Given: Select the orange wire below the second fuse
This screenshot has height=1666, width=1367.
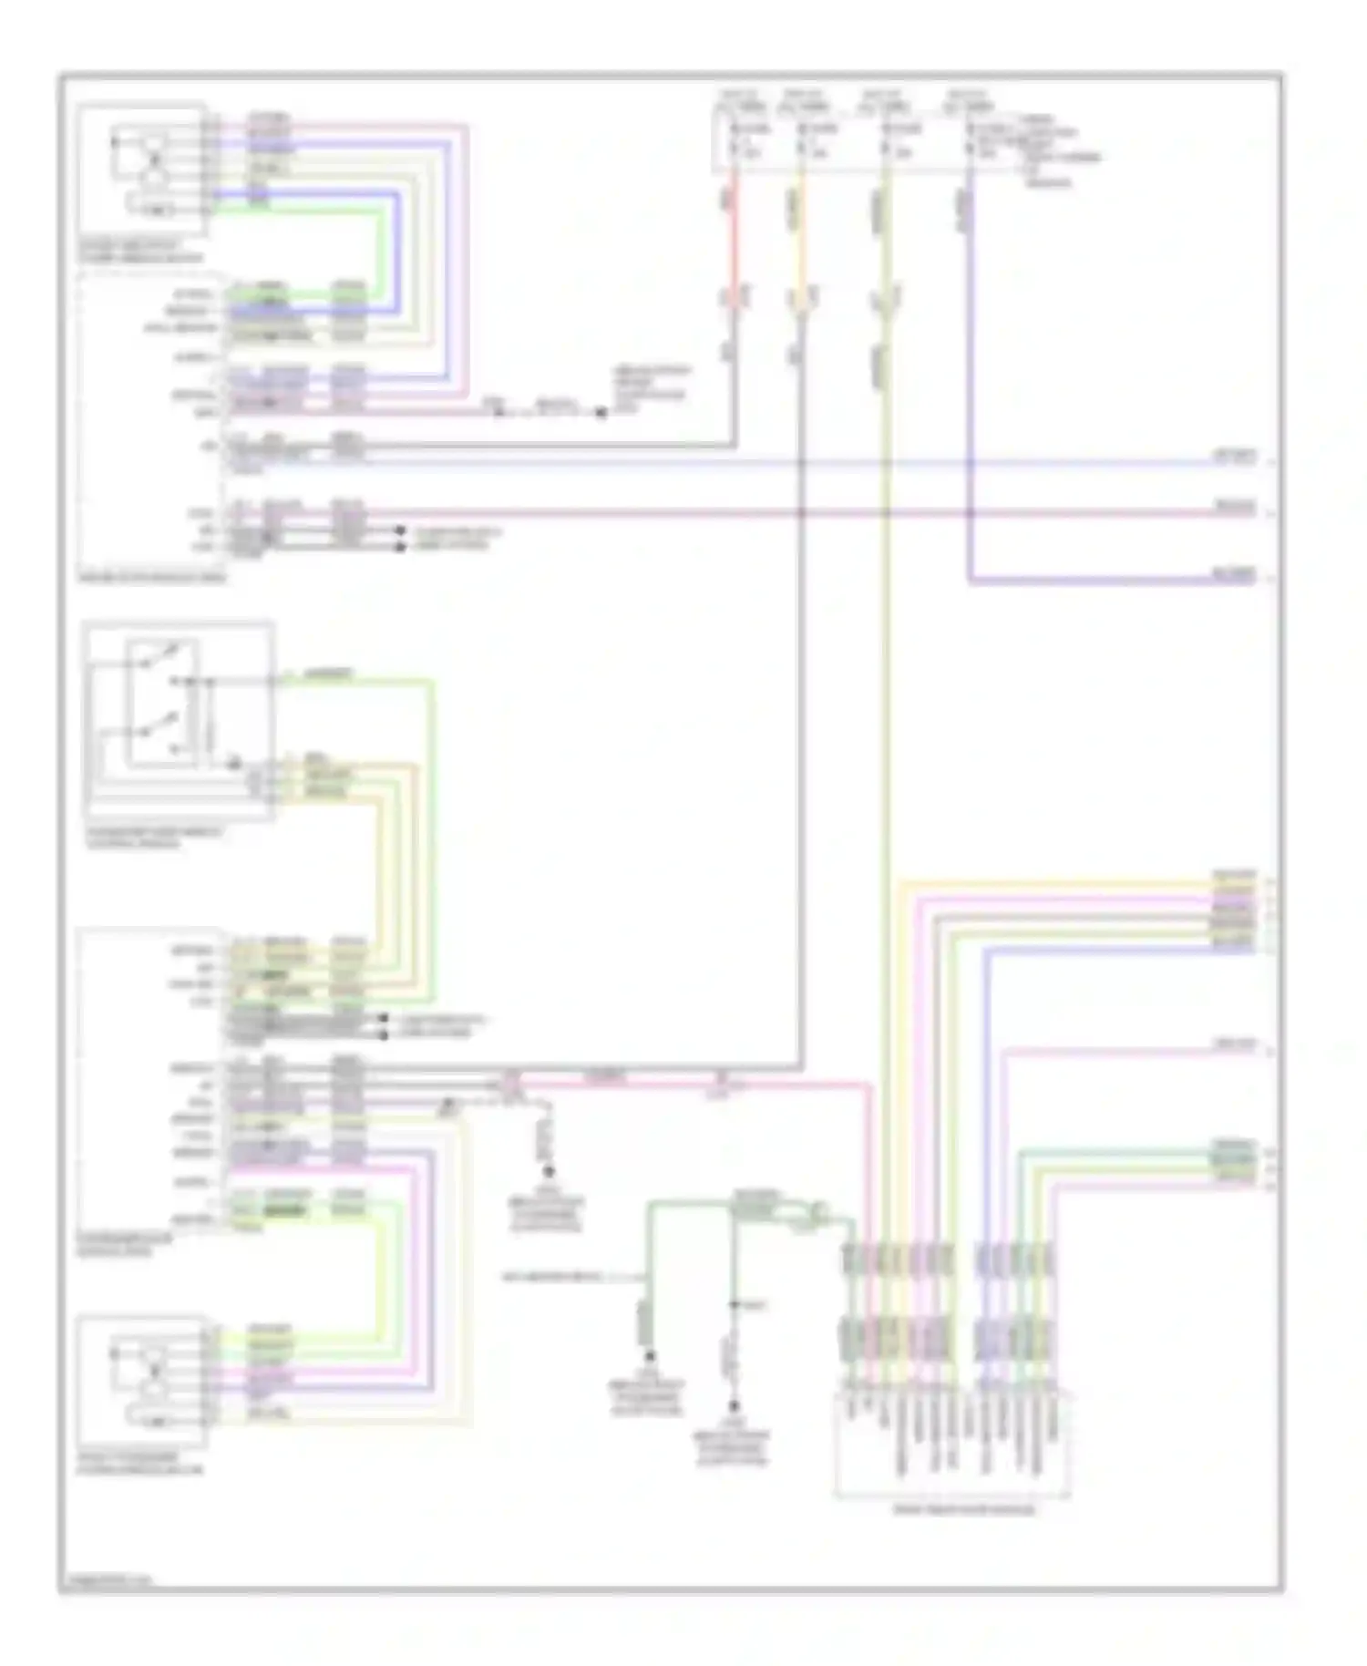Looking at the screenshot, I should [799, 246].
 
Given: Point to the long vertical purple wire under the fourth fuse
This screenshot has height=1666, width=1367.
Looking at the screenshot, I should [969, 383].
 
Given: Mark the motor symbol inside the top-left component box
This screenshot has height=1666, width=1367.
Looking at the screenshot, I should [156, 158].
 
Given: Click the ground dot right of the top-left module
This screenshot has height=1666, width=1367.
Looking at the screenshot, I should [601, 414].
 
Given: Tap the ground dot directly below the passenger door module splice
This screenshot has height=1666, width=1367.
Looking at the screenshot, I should [550, 1178].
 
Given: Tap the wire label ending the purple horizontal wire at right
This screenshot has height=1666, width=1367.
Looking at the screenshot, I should [1234, 575].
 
